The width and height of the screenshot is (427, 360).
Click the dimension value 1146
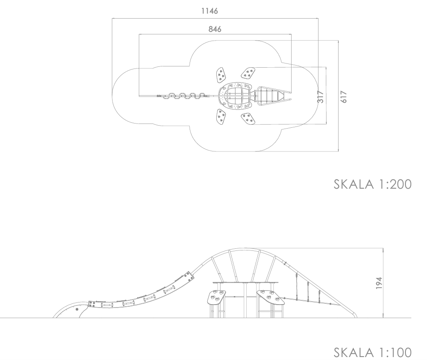point(209,11)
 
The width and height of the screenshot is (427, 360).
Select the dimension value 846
point(215,29)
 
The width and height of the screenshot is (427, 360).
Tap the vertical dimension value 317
point(321,97)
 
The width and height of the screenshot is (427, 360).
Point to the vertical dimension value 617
point(344,97)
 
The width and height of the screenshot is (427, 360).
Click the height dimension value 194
point(379,283)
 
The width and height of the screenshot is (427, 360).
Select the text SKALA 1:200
point(372,184)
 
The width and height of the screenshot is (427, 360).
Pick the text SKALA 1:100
point(372,353)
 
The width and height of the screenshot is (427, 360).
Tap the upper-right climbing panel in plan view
point(248,73)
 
